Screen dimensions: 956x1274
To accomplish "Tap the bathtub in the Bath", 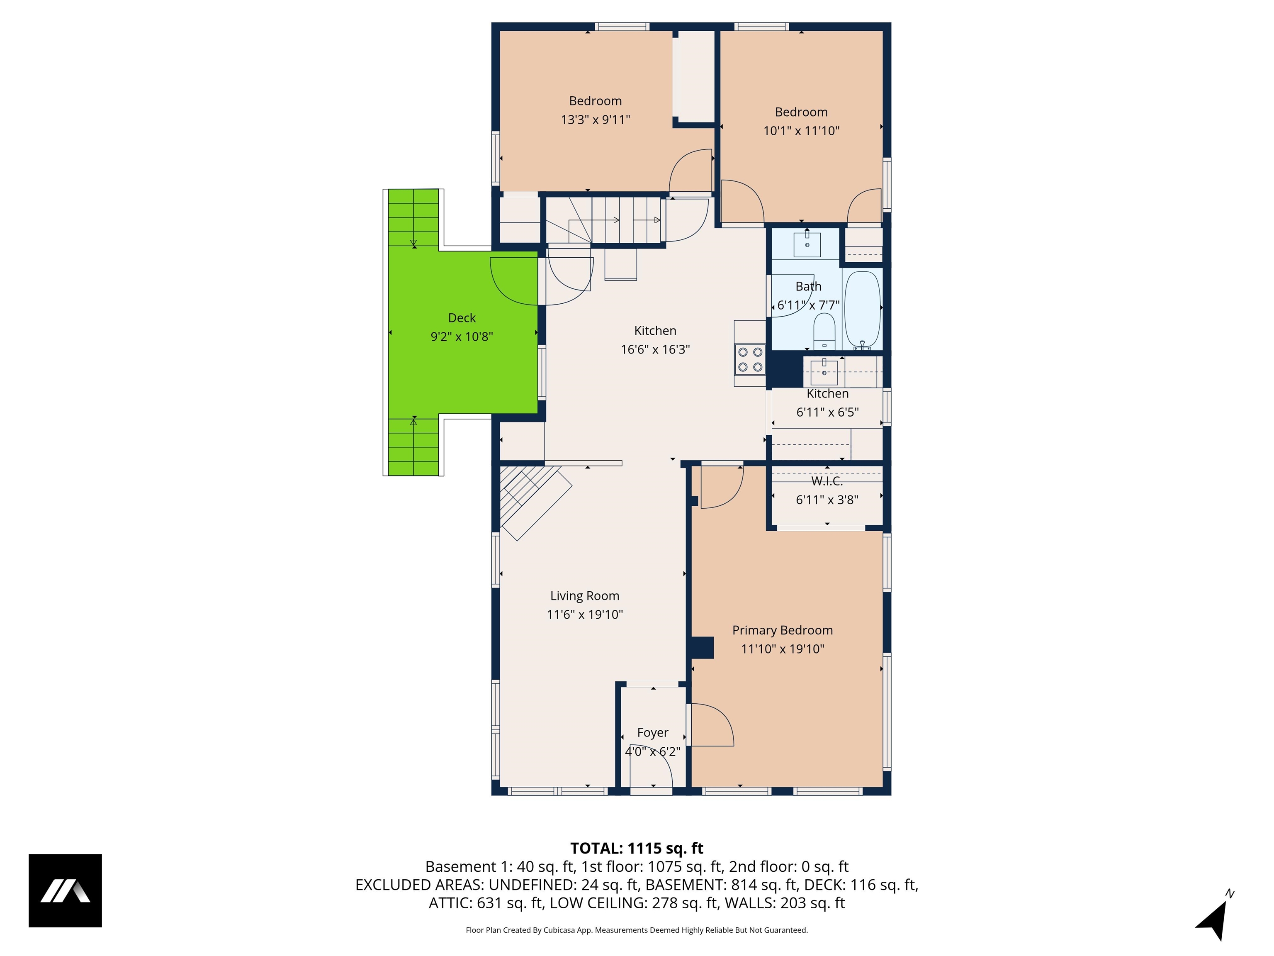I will tap(862, 310).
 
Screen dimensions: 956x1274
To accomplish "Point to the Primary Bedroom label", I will tap(782, 630).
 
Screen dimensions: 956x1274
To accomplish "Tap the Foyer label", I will tap(652, 732).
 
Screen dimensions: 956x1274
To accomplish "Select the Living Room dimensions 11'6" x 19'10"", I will tap(585, 614).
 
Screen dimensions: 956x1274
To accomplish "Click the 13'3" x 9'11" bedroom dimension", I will tap(595, 120).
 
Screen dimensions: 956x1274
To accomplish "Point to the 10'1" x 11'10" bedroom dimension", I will tap(801, 131).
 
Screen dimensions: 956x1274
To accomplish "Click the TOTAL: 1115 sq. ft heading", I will tap(637, 848).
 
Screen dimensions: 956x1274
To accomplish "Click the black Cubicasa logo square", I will tap(65, 890).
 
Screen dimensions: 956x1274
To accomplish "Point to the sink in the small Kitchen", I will tap(824, 369).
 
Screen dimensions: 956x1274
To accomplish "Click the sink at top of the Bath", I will tap(807, 243).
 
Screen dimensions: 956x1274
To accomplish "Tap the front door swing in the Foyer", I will tap(651, 769).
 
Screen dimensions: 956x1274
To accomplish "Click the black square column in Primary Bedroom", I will tap(702, 647).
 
